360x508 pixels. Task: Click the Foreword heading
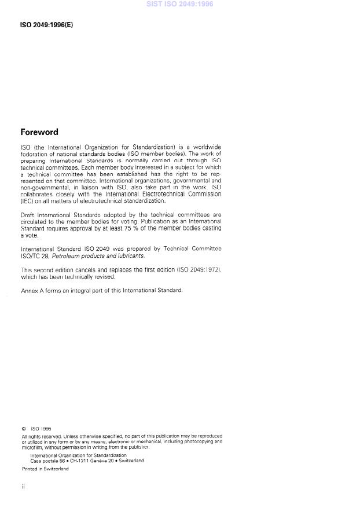click(x=39, y=132)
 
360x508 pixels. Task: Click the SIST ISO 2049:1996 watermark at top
click(x=180, y=4)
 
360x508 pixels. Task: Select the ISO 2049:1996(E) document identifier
click(x=47, y=25)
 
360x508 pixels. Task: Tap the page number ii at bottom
click(x=23, y=487)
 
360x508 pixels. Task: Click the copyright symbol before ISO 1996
click(x=23, y=429)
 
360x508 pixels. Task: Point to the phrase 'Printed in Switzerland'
click(x=45, y=469)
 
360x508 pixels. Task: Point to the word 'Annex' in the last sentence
click(x=29, y=290)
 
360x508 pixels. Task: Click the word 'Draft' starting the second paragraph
click(x=28, y=215)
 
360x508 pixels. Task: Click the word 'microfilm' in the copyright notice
click(x=32, y=447)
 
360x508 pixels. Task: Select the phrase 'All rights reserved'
click(x=39, y=436)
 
